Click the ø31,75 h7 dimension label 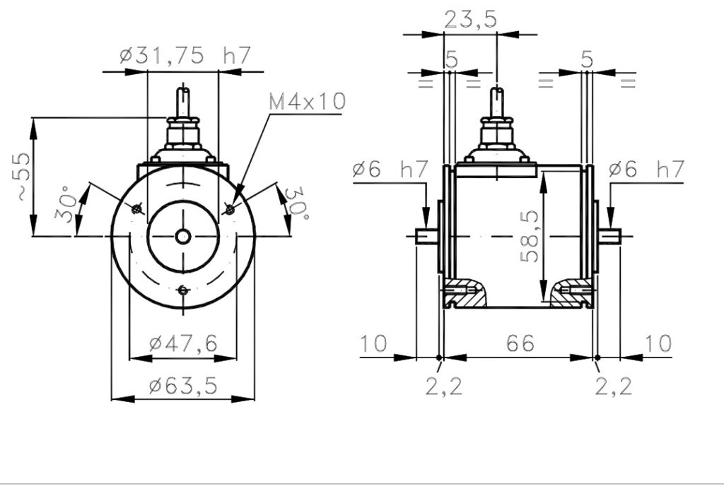pyautogui.click(x=185, y=55)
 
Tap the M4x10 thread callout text pyautogui.click(x=307, y=102)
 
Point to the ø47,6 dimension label pyautogui.click(x=183, y=343)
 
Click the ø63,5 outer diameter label pyautogui.click(x=183, y=385)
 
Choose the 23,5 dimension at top pyautogui.click(x=470, y=20)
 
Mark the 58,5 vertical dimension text pyautogui.click(x=530, y=236)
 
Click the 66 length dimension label pyautogui.click(x=520, y=343)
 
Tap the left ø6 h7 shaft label pyautogui.click(x=390, y=170)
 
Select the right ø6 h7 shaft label pyautogui.click(x=646, y=170)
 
